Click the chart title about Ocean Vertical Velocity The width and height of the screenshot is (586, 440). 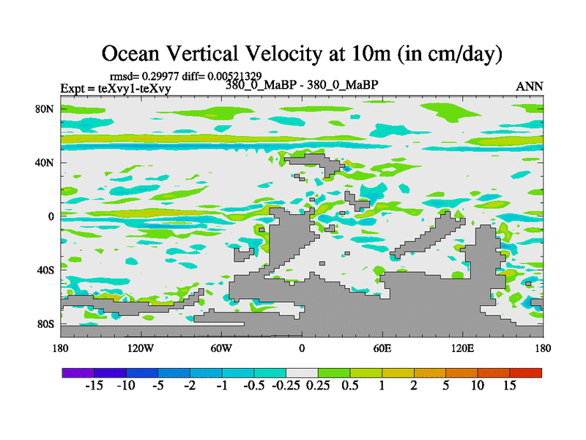pyautogui.click(x=301, y=53)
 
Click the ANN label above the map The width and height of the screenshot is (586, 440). pyautogui.click(x=530, y=86)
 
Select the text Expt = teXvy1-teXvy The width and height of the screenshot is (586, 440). pyautogui.click(x=116, y=88)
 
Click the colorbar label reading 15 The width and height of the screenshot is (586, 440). pyautogui.click(x=510, y=385)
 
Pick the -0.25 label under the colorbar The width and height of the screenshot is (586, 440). pyautogui.click(x=286, y=385)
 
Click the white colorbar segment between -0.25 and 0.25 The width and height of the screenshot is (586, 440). pyautogui.click(x=301, y=373)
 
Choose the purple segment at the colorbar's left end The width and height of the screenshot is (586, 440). pyautogui.click(x=78, y=373)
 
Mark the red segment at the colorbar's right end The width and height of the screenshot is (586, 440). pyautogui.click(x=526, y=373)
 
